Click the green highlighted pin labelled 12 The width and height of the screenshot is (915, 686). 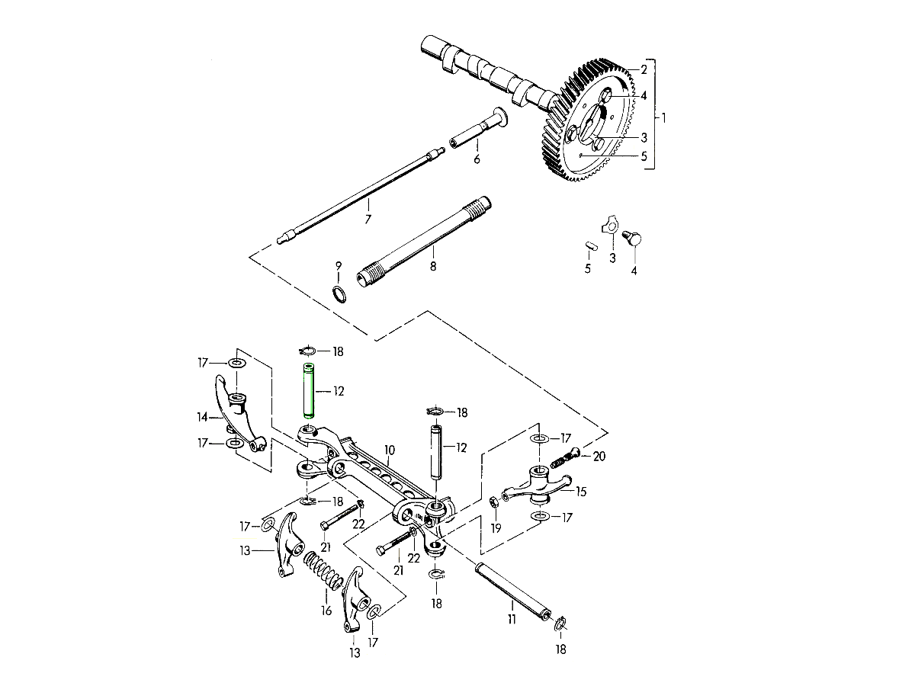(x=310, y=391)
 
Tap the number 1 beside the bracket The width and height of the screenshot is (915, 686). (x=663, y=118)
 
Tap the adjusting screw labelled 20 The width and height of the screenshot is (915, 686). (x=565, y=459)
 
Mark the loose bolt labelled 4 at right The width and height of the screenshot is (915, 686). (x=634, y=239)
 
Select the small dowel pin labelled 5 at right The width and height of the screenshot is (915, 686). (x=589, y=246)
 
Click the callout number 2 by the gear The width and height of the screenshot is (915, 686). (x=644, y=70)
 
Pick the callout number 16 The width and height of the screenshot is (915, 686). (x=326, y=611)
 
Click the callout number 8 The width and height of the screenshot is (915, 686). (x=433, y=267)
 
